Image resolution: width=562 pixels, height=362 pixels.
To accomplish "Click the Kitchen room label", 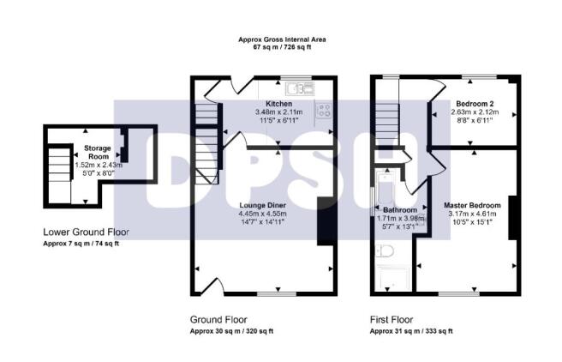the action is click(x=278, y=104).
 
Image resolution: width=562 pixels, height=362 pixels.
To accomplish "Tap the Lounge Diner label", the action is click(x=263, y=205).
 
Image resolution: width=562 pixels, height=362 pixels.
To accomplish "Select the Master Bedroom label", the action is click(x=472, y=205).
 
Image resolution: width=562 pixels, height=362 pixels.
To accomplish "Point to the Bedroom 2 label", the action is click(x=475, y=104).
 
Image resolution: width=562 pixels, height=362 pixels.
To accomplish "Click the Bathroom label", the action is click(x=400, y=210).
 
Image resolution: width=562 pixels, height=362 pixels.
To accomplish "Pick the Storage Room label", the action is click(x=98, y=152).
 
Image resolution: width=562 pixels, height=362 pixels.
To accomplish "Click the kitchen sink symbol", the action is click(x=300, y=88).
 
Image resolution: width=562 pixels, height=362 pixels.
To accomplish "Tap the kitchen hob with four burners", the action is click(x=324, y=110).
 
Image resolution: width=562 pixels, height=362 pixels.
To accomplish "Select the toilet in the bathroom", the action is click(x=386, y=250).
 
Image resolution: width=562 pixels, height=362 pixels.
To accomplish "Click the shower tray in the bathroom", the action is click(x=393, y=279).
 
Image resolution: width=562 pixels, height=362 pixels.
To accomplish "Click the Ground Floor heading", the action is click(x=218, y=319).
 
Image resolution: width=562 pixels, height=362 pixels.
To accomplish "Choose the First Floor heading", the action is click(x=392, y=319).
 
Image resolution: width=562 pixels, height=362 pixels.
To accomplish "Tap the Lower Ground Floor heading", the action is click(x=86, y=232).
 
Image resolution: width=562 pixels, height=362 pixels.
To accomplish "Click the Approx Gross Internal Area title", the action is click(x=282, y=39).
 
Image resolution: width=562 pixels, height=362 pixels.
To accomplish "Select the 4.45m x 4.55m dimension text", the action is click(x=263, y=214).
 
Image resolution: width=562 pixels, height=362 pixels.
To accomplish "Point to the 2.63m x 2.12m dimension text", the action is click(x=475, y=112).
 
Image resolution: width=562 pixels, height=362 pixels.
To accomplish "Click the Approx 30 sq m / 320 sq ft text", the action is click(x=231, y=331).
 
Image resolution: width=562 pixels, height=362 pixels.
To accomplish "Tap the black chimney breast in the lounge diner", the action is click(x=326, y=221).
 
